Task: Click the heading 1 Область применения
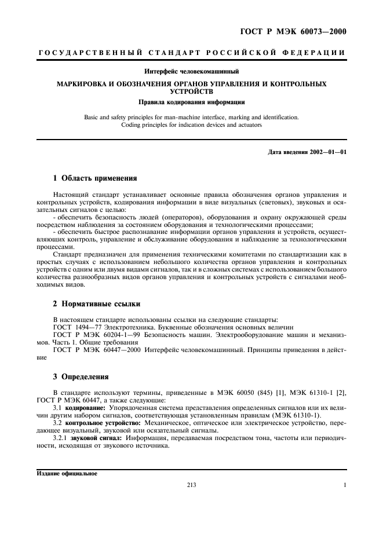click(94, 178)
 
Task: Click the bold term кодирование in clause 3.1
click(84, 408)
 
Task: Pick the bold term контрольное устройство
click(100, 423)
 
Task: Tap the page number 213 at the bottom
click(191, 485)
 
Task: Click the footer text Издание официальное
click(63, 473)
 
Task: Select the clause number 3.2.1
click(60, 438)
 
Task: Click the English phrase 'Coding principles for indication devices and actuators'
click(191, 124)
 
